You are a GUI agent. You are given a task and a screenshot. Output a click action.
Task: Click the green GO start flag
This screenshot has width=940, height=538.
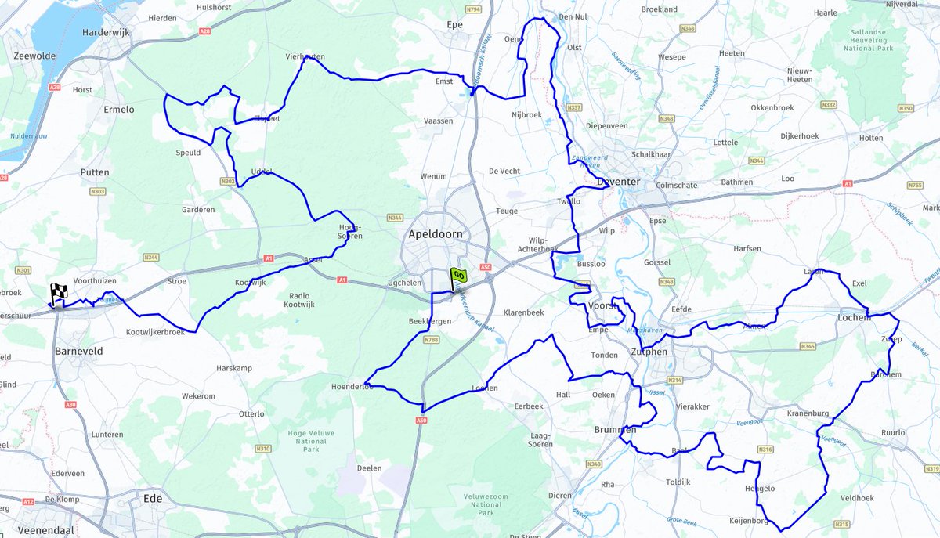pyautogui.click(x=458, y=276)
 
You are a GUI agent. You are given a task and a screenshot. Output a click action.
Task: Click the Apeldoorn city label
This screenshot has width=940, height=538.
pyautogui.click(x=436, y=234)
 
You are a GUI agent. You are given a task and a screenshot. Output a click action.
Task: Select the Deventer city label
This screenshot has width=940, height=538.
pyautogui.click(x=618, y=182)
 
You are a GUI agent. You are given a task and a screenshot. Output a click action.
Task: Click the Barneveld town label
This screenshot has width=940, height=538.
pyautogui.click(x=78, y=352)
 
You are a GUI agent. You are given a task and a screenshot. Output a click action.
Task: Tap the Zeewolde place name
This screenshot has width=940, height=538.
pyautogui.click(x=33, y=56)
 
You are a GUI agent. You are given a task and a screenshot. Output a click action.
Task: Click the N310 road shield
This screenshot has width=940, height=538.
pyautogui.click(x=262, y=449)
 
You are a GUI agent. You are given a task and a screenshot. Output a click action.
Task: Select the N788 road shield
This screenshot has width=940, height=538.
pyautogui.click(x=431, y=340)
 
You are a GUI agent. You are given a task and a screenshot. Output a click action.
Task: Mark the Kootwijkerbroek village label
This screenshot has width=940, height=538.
pyautogui.click(x=155, y=332)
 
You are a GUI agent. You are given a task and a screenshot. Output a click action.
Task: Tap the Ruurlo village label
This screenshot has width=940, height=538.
pyautogui.click(x=893, y=432)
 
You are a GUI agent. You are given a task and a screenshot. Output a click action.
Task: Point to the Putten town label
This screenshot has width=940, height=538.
pyautogui.click(x=95, y=172)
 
